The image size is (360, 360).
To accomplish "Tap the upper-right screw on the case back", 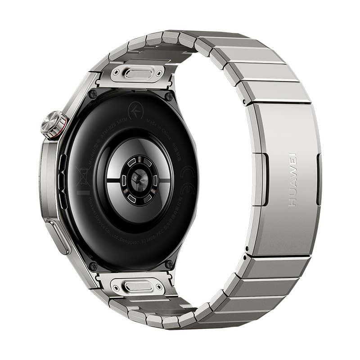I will pos(169,96).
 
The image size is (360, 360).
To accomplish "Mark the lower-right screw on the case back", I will pos(168,265).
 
